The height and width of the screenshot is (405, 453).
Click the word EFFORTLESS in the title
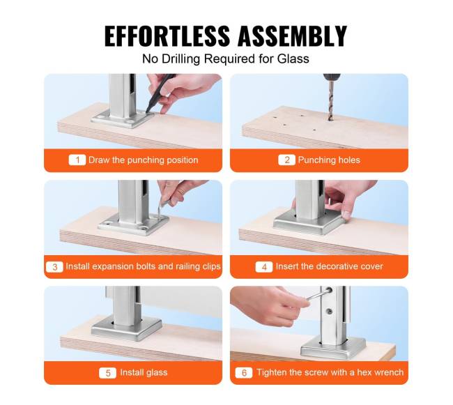click(x=167, y=36)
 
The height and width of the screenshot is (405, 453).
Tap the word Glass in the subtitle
click(x=293, y=59)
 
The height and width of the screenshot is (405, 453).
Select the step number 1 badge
click(x=77, y=160)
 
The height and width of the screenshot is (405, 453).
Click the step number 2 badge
click(x=286, y=160)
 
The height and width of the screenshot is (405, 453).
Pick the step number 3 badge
click(x=54, y=266)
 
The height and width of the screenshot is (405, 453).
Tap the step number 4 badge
click(x=264, y=266)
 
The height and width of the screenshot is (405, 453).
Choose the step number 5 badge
click(x=107, y=373)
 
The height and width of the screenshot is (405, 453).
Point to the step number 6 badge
click(x=244, y=373)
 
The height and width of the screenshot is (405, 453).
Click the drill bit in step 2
click(x=330, y=100)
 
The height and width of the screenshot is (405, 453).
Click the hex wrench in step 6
click(x=317, y=295)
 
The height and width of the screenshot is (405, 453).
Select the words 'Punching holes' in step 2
click(x=329, y=160)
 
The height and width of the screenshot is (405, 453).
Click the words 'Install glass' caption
click(x=144, y=373)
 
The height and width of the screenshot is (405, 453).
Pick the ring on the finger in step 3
click(x=181, y=192)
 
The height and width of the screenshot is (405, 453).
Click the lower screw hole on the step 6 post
click(x=329, y=311)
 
